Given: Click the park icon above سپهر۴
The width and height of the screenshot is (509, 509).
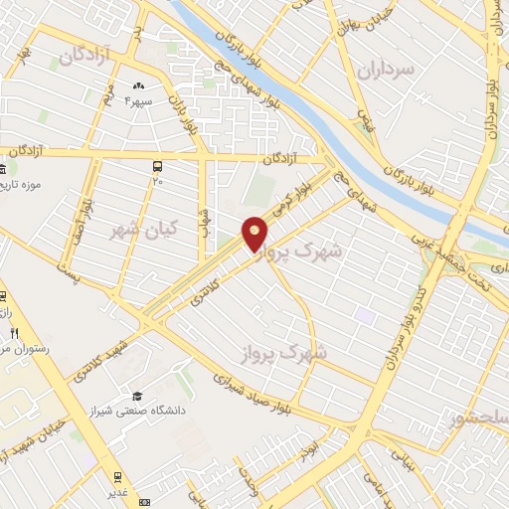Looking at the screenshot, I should (138, 87).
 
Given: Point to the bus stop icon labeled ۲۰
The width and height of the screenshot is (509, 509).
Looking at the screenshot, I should (157, 167).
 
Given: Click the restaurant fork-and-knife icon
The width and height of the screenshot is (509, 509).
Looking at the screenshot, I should (14, 332).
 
